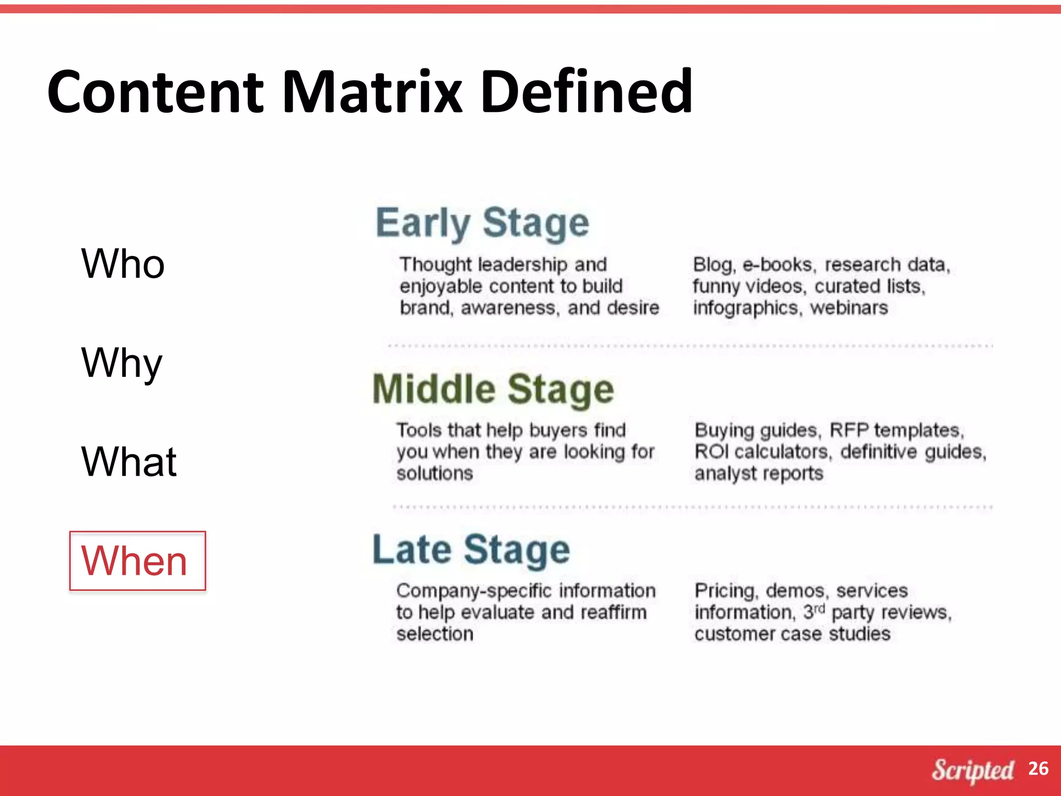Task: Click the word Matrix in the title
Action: coord(372,92)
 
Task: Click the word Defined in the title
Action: coord(586,92)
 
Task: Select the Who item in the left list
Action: coord(123,264)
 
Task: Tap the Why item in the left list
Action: coord(122,363)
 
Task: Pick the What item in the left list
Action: coord(129,462)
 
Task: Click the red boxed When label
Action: coord(137,561)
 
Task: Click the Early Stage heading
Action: coord(482,223)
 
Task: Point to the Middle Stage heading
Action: coord(493,389)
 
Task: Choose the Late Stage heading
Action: coord(471,550)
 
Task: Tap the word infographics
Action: coord(745,308)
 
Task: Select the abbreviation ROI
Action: coord(711,452)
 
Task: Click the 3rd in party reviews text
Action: coord(813,612)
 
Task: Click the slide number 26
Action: coord(1038,769)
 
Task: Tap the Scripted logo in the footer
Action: coord(972,770)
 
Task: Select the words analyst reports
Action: coord(758,474)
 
